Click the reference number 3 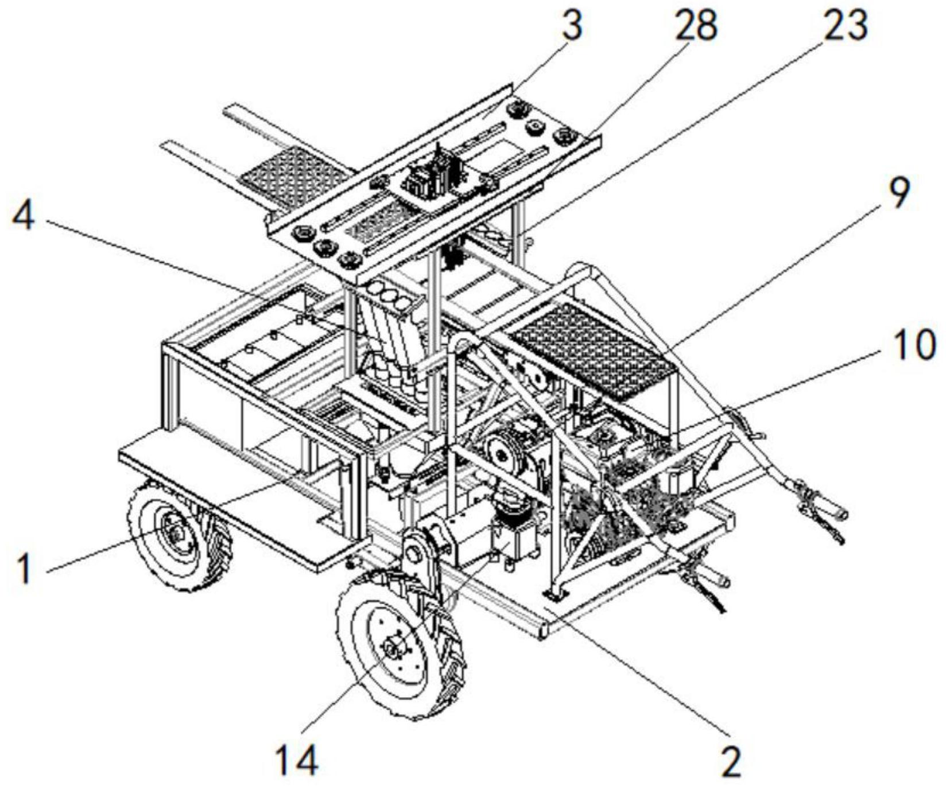[572, 25]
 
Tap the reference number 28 [696, 26]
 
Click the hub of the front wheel [394, 649]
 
